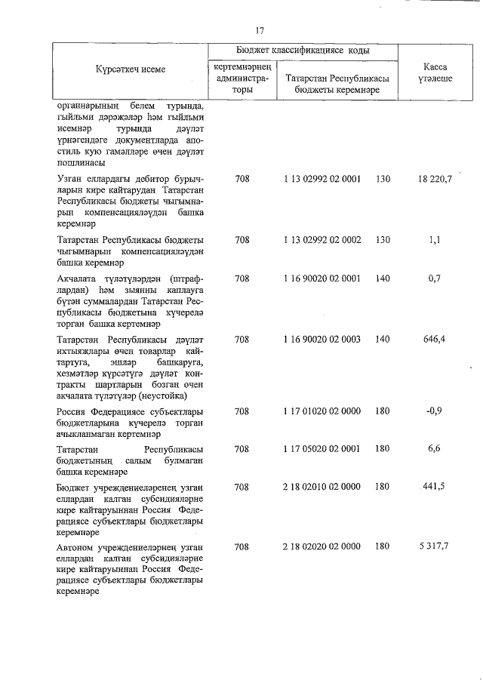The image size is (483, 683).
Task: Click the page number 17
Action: (x=260, y=31)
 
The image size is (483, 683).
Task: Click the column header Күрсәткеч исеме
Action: (x=130, y=69)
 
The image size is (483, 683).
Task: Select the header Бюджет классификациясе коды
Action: (x=303, y=49)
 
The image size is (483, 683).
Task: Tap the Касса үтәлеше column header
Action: (x=434, y=72)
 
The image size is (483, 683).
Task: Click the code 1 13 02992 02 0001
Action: (x=322, y=179)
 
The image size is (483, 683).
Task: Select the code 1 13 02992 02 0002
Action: (x=322, y=240)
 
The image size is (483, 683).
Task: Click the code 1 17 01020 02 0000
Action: (x=322, y=411)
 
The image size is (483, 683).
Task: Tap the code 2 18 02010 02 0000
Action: (x=322, y=486)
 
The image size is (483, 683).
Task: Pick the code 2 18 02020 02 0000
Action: (x=322, y=546)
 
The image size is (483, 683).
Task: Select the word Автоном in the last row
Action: (x=77, y=546)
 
